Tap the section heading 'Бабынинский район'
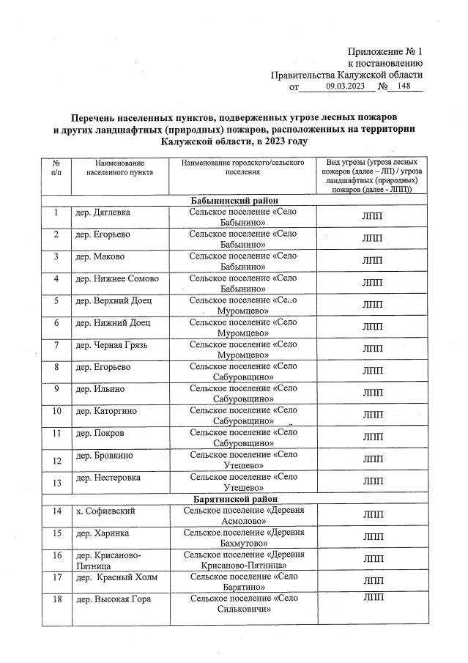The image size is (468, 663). click(x=233, y=200)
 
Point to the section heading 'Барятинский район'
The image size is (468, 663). click(x=233, y=499)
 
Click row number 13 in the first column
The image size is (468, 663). click(x=56, y=481)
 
